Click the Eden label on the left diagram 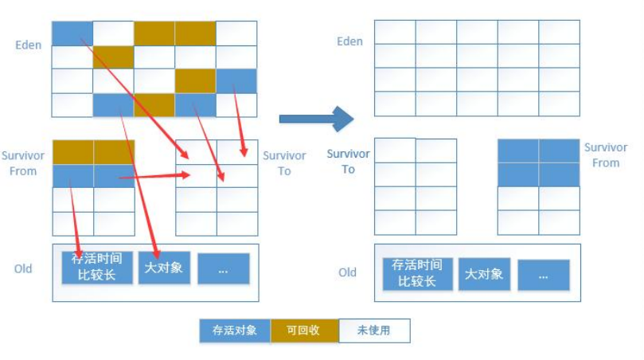[x=28, y=45]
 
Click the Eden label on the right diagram [x=349, y=41]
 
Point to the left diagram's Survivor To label [x=284, y=163]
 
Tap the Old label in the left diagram [x=23, y=268]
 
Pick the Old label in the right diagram [x=347, y=272]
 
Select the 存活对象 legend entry [x=235, y=331]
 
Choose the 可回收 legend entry [x=304, y=331]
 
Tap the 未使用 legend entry [x=373, y=331]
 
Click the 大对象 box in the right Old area [x=483, y=273]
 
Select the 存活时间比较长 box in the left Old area [x=96, y=267]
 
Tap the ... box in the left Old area [x=223, y=269]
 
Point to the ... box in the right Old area [x=544, y=275]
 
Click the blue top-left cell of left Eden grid [x=72, y=33]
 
